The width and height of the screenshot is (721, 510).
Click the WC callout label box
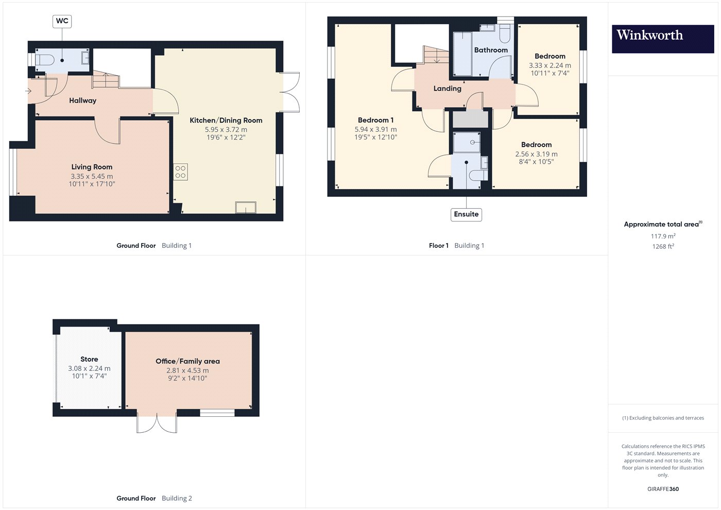[x=62, y=21]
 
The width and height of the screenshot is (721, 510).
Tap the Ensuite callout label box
[x=466, y=214]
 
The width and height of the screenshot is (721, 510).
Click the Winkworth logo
[x=663, y=39]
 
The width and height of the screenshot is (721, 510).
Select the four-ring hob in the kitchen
[x=181, y=172]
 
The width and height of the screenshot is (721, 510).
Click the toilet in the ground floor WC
[x=44, y=60]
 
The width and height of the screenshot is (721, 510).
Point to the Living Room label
[x=92, y=167]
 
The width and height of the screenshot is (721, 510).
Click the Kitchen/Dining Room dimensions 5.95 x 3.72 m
[x=226, y=129]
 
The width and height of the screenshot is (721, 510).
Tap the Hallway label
[x=83, y=100]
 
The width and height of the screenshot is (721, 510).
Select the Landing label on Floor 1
[x=447, y=89]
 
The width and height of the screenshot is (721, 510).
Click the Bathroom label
[x=491, y=50]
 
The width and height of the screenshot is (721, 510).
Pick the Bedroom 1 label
[x=375, y=120]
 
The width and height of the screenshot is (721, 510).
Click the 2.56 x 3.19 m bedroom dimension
[x=536, y=154]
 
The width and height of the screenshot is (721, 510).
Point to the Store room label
[x=89, y=359]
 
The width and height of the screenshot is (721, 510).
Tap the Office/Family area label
[x=187, y=361]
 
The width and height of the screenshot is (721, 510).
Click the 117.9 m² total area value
[x=663, y=236]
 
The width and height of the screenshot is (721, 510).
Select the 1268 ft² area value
[x=663, y=246]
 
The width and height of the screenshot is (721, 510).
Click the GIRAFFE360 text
[x=663, y=489]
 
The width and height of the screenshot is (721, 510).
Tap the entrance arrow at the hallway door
[x=28, y=91]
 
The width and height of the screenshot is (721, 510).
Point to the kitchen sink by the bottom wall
[x=246, y=207]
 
